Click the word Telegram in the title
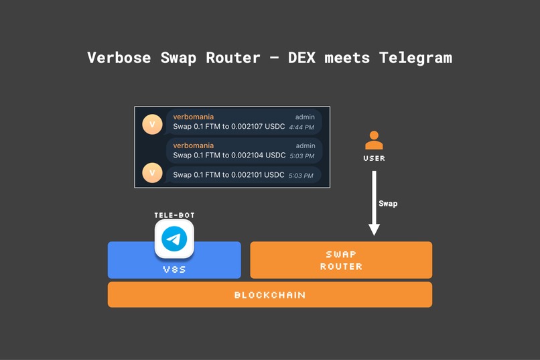tap(415, 58)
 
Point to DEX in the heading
tap(301, 58)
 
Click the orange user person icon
tap(374, 140)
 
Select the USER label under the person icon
tap(374, 158)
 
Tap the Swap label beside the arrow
tap(388, 203)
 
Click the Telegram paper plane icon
tap(174, 239)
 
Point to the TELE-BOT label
tap(174, 215)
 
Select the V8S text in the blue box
tap(174, 269)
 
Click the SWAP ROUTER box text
tap(341, 260)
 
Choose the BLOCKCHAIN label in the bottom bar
tap(269, 295)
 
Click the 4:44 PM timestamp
tap(301, 127)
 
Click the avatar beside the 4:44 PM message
tap(153, 124)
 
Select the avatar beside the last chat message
tap(153, 173)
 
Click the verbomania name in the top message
tap(193, 117)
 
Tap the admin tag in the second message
tap(305, 145)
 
